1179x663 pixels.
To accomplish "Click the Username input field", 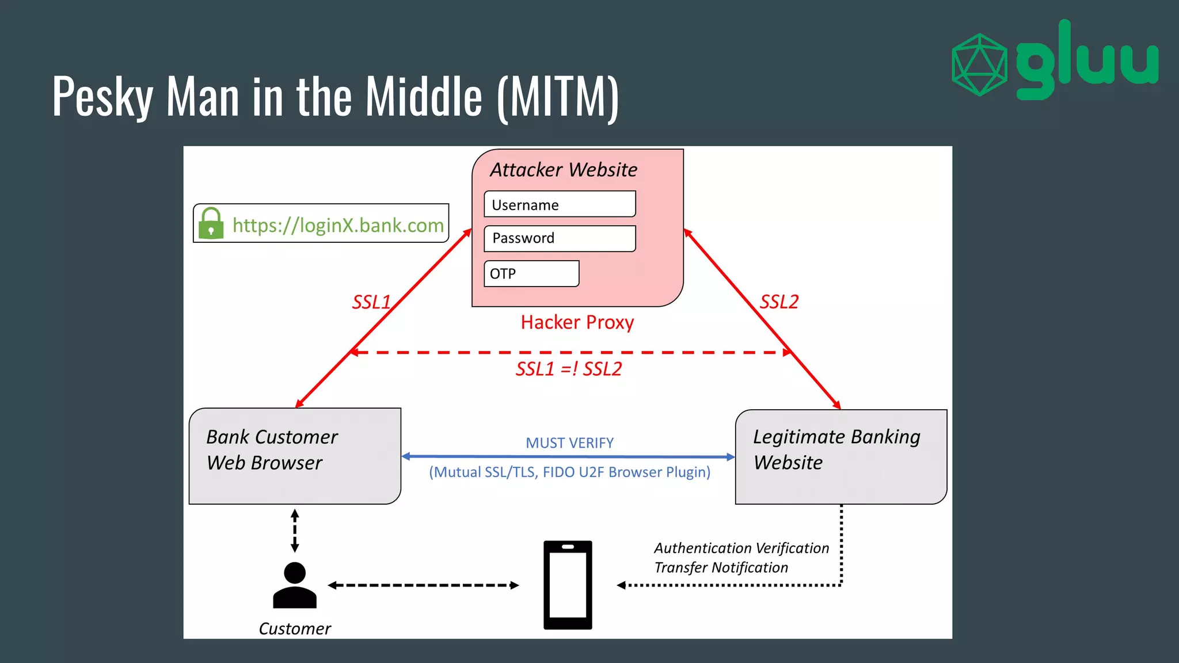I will coord(560,204).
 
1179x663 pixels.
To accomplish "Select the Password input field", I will coord(560,238).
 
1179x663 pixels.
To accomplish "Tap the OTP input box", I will coord(531,273).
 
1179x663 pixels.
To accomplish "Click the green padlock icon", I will coord(211,223).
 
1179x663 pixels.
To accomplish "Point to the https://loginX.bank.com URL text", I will coord(338,225).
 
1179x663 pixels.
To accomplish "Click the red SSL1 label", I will coord(371,302).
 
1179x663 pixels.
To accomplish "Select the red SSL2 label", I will coord(779,302).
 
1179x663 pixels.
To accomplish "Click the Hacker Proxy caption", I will coord(577,322).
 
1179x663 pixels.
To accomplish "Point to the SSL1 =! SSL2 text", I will coord(568,369).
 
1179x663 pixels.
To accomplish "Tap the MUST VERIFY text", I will coord(569,443).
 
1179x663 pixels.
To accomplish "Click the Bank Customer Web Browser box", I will coord(295,456).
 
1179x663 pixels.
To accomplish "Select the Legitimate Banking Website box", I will coord(840,457).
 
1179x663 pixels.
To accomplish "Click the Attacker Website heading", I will coord(564,170).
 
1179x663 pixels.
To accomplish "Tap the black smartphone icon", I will coord(568,585).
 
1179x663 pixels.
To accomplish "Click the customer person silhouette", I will coord(295,585).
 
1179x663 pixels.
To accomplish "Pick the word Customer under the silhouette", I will coord(295,628).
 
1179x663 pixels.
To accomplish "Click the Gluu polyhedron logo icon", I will coord(979,64).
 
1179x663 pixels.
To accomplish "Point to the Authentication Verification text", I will coord(741,548).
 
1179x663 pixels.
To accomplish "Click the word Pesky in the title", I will coord(102,97).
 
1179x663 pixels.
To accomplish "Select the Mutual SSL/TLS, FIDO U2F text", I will coord(569,473).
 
